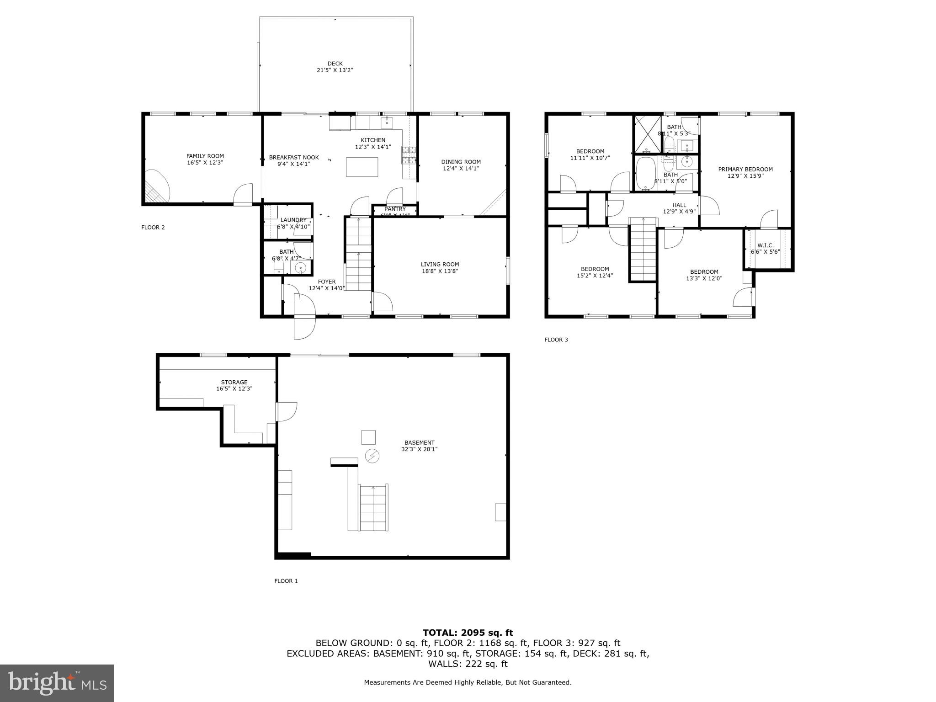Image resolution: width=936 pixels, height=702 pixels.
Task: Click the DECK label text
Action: [x=335, y=64]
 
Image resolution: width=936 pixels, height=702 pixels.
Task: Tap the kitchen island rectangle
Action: [x=362, y=167]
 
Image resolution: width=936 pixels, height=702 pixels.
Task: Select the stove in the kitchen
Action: [x=409, y=155]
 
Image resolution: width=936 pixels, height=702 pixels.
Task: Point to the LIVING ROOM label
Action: [x=440, y=264]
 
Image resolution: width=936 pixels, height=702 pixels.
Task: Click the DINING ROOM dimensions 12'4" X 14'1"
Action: [x=461, y=168]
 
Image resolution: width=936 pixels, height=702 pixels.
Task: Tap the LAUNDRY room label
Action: [x=293, y=220]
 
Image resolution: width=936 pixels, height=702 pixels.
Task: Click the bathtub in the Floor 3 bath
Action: [x=645, y=174]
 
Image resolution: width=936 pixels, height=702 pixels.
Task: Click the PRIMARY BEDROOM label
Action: [x=745, y=169]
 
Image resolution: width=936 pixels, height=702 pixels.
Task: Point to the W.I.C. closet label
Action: [x=765, y=245]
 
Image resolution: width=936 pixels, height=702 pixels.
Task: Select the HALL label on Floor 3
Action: [x=679, y=205]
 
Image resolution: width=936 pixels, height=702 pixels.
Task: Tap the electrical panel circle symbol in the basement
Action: [x=372, y=456]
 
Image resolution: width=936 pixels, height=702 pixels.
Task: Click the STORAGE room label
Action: [x=234, y=382]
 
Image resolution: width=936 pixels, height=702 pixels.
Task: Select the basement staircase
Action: [x=373, y=508]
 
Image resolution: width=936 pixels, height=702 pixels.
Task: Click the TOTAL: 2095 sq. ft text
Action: [x=468, y=633]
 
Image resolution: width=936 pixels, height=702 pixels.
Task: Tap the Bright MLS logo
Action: [x=57, y=683]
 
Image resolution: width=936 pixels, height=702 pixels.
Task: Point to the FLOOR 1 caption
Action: [x=286, y=581]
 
